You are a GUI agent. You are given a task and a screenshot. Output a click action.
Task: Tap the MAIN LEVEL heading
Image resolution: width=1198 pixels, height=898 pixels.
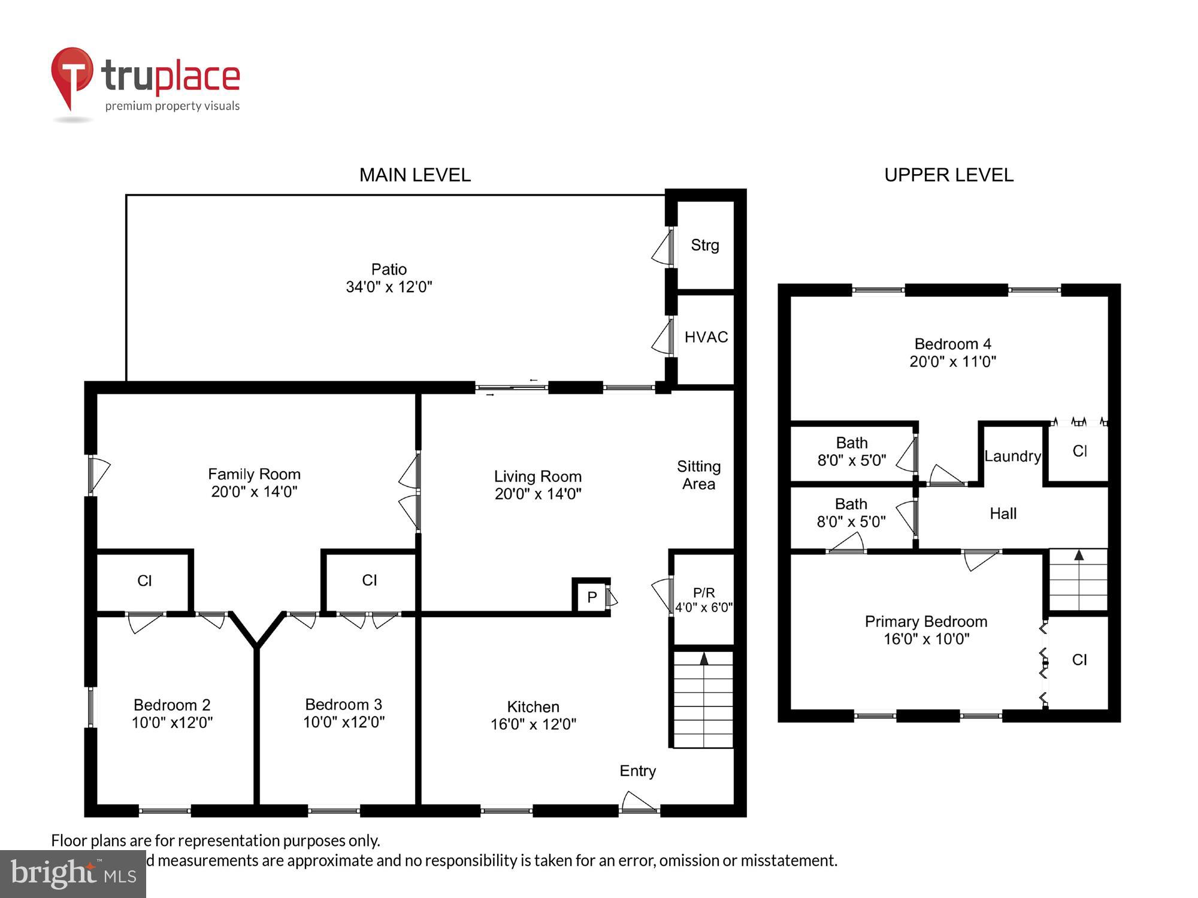pyautogui.click(x=415, y=175)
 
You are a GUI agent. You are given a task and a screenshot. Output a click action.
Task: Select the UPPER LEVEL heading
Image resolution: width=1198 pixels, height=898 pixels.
pyautogui.click(x=949, y=175)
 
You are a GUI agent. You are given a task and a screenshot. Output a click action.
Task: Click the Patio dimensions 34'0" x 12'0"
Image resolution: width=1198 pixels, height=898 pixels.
pyautogui.click(x=389, y=287)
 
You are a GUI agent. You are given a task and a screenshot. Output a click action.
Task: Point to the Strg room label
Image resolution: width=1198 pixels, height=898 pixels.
pyautogui.click(x=704, y=245)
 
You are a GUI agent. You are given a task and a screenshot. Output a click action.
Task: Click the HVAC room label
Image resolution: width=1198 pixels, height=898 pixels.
pyautogui.click(x=706, y=337)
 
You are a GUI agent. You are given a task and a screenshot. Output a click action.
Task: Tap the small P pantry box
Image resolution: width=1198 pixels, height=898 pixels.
pyautogui.click(x=592, y=597)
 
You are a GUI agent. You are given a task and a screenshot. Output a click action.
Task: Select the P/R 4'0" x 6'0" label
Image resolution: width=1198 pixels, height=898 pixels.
pyautogui.click(x=704, y=600)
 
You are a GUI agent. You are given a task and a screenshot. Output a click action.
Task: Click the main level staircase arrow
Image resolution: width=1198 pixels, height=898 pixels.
pyautogui.click(x=704, y=659)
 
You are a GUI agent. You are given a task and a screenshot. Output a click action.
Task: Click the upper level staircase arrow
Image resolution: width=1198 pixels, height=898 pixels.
pyautogui.click(x=1079, y=556)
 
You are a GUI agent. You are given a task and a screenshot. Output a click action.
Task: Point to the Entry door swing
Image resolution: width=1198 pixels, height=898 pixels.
pyautogui.click(x=639, y=802)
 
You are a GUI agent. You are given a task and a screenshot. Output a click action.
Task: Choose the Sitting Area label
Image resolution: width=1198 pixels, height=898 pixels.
pyautogui.click(x=698, y=475)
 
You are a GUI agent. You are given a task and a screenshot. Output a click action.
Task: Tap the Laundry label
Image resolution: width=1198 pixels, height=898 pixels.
pyautogui.click(x=1012, y=456)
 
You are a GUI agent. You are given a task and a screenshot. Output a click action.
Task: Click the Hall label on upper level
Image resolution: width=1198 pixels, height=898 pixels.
pyautogui.click(x=1003, y=513)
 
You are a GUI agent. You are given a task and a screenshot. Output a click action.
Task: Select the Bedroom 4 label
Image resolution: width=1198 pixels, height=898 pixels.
pyautogui.click(x=952, y=344)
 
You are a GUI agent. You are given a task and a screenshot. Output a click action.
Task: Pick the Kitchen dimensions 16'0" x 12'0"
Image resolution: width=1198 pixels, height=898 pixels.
pyautogui.click(x=533, y=724)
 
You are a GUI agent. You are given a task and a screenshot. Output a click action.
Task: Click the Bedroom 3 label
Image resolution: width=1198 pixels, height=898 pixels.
pyautogui.click(x=343, y=705)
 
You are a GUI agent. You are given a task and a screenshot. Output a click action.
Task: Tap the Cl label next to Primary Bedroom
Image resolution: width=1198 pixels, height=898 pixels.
pyautogui.click(x=1079, y=659)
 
